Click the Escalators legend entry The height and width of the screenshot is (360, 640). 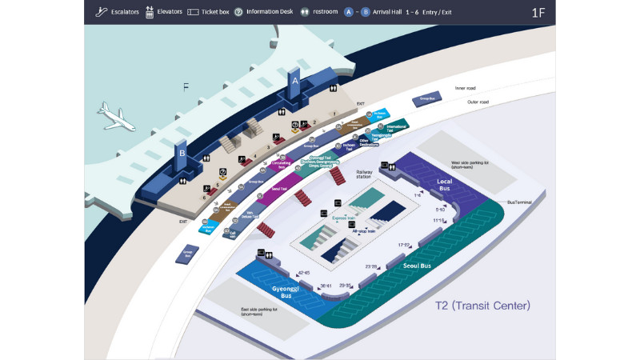[x=118, y=12]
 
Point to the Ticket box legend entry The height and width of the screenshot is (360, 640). [x=208, y=12]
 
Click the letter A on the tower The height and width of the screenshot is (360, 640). [x=294, y=82]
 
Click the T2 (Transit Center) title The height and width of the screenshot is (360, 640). [x=482, y=306]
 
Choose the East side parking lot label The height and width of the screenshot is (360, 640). [x=258, y=312]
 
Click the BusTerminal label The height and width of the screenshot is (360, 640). [x=520, y=202]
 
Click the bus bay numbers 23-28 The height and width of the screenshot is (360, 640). [x=371, y=266]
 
